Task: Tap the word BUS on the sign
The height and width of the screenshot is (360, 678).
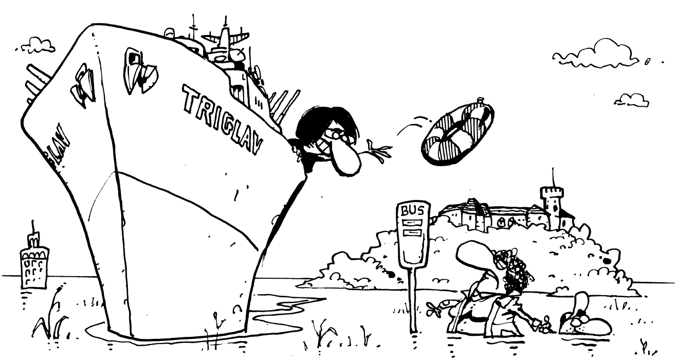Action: pos(412,211)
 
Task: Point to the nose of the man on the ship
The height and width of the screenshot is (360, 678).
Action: pos(345,160)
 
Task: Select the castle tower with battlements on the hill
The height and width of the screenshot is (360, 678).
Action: pos(552,206)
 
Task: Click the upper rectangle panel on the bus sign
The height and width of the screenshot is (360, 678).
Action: pos(412,223)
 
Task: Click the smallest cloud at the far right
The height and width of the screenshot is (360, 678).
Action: pos(631,99)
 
